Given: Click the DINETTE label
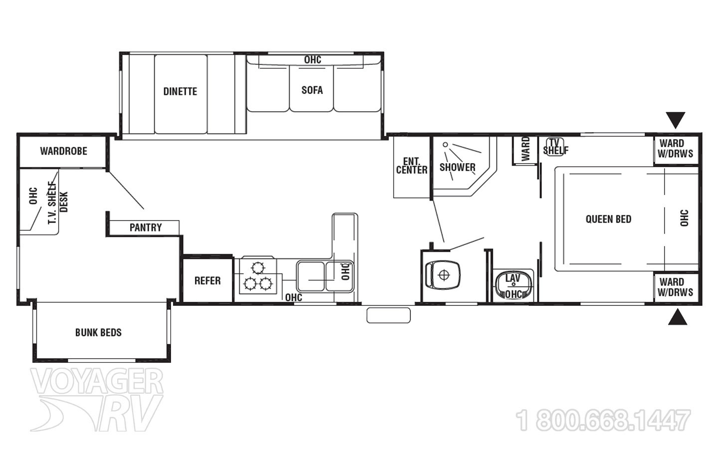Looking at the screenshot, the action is pos(180,91).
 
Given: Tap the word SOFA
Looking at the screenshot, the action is pos(312,90).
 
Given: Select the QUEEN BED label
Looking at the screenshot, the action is pos(608,219).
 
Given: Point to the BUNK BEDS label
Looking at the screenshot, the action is pos(98,332).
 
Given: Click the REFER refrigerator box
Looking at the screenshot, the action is pos(207,280).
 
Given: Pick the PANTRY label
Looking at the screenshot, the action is pos(146,228).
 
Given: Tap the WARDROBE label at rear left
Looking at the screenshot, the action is pos(63,151).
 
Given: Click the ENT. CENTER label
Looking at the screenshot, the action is pos(411,166).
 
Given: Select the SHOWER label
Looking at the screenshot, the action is pos(457,167).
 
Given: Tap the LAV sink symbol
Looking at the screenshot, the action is pos(513,285).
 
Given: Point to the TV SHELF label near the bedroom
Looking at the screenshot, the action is pos(555,147).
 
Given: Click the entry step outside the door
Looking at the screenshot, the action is pos(388,315).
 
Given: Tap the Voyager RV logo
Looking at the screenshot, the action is pos(97,399).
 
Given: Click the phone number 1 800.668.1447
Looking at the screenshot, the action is pos(603,420).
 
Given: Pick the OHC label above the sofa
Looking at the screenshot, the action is pos(313,60).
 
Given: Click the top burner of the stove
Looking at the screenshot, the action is pos(258,267).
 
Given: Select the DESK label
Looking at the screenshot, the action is pos(64,202).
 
